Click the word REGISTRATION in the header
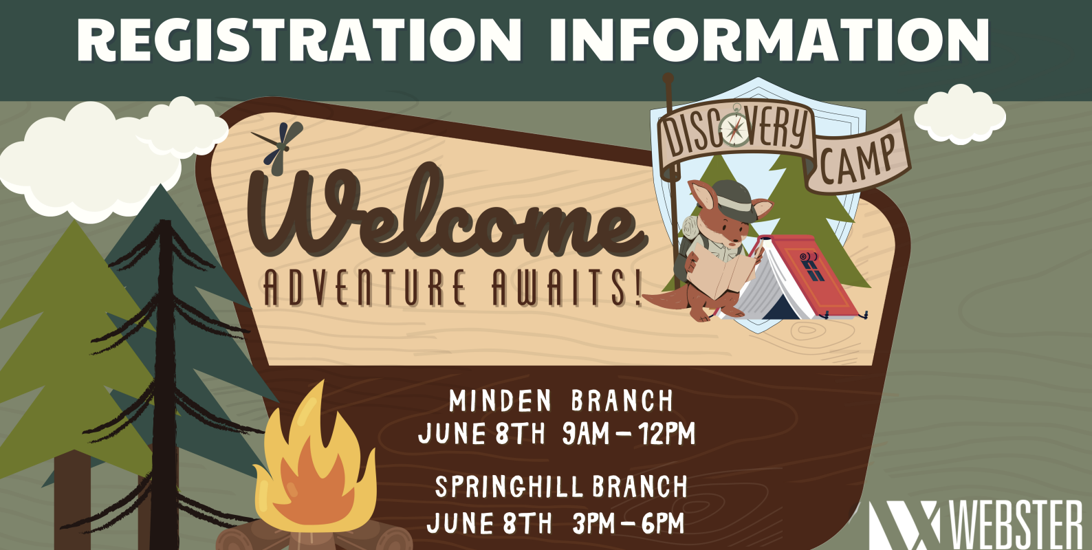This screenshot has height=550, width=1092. (x=299, y=40)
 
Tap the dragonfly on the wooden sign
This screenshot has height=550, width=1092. (x=279, y=147)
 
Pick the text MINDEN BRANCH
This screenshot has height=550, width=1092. (x=560, y=401)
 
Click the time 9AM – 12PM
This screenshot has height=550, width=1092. (x=629, y=434)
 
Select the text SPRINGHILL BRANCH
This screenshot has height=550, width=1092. (x=560, y=487)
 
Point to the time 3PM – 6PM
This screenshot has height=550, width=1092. (x=629, y=524)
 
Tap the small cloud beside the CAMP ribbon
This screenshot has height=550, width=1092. (x=959, y=115)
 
